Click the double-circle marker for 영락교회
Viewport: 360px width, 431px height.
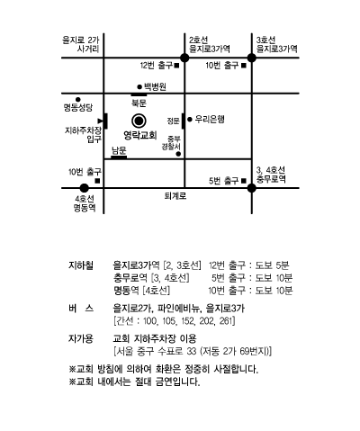click(x=139, y=121)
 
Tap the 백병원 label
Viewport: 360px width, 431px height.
click(x=155, y=86)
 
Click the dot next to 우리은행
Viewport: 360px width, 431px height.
click(x=190, y=120)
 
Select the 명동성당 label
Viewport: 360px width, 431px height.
click(x=78, y=107)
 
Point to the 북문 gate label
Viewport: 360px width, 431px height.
click(x=139, y=103)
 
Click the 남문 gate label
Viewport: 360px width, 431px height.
click(x=119, y=150)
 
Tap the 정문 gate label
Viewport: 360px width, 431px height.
click(x=174, y=121)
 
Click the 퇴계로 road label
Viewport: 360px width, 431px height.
click(x=175, y=196)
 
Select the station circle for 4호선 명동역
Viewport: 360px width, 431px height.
click(x=85, y=188)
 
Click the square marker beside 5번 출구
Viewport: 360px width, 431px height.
click(x=244, y=181)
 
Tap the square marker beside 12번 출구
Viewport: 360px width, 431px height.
click(x=176, y=65)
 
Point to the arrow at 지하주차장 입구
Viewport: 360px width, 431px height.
click(x=101, y=121)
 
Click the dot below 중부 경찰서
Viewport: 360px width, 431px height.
click(x=178, y=154)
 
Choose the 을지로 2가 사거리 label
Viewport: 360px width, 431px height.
click(x=80, y=44)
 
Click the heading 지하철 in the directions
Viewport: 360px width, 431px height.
click(x=81, y=265)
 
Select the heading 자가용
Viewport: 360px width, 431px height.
click(x=81, y=338)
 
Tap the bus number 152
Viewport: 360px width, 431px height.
click(x=187, y=321)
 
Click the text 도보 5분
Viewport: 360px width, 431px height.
click(x=272, y=265)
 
